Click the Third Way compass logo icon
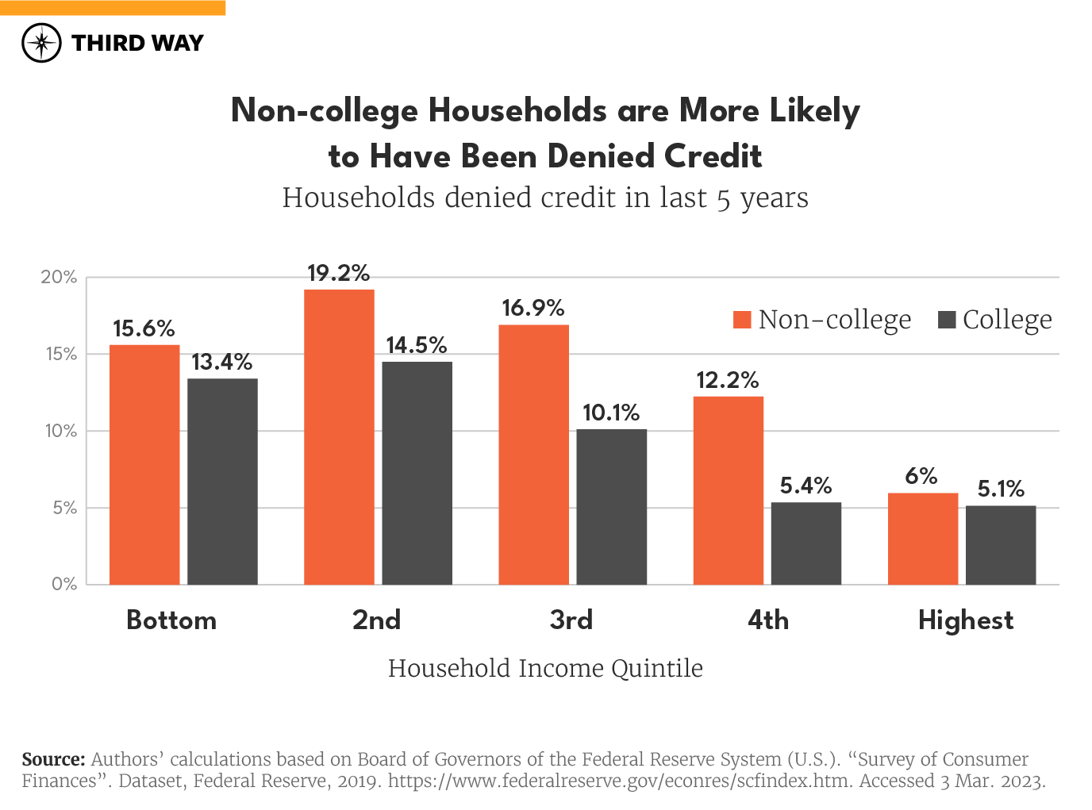(41, 43)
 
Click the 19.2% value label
(338, 274)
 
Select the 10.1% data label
(611, 413)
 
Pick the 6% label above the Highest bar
(921, 476)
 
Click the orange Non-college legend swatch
(742, 320)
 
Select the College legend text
(1006, 320)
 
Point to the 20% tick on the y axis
(59, 277)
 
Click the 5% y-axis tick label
(64, 508)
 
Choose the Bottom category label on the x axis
(171, 620)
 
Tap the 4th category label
(767, 620)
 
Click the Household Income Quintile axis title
(545, 668)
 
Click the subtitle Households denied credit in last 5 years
(545, 198)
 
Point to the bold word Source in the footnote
(53, 759)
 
